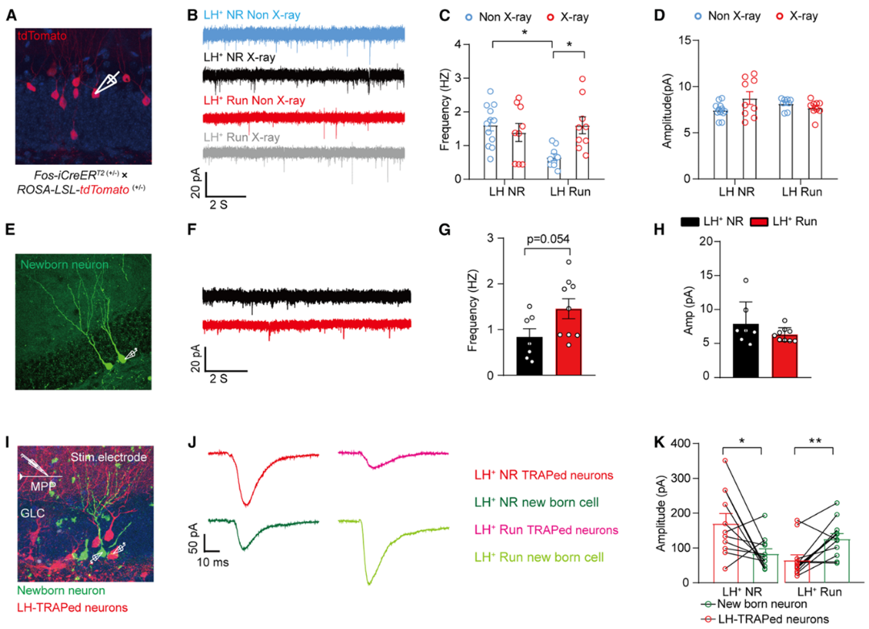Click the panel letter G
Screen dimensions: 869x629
click(444, 230)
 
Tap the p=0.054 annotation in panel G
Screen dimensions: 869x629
click(548, 239)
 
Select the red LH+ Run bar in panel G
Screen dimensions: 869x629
click(569, 342)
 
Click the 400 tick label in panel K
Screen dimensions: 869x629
click(680, 443)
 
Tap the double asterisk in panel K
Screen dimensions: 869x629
click(814, 441)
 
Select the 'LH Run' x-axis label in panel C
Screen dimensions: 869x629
click(570, 191)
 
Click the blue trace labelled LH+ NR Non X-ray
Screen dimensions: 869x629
click(303, 35)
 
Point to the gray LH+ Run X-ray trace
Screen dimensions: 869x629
click(303, 155)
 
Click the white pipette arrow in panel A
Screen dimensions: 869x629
click(107, 83)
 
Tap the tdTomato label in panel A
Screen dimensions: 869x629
click(42, 36)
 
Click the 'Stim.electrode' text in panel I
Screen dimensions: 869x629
click(109, 457)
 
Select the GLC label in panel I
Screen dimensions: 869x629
click(32, 512)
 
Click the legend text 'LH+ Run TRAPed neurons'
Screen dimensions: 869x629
click(546, 530)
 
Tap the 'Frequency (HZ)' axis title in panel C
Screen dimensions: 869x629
click(444, 109)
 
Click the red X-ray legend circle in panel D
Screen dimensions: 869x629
click(779, 17)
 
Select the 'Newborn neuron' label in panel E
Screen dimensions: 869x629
click(64, 265)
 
